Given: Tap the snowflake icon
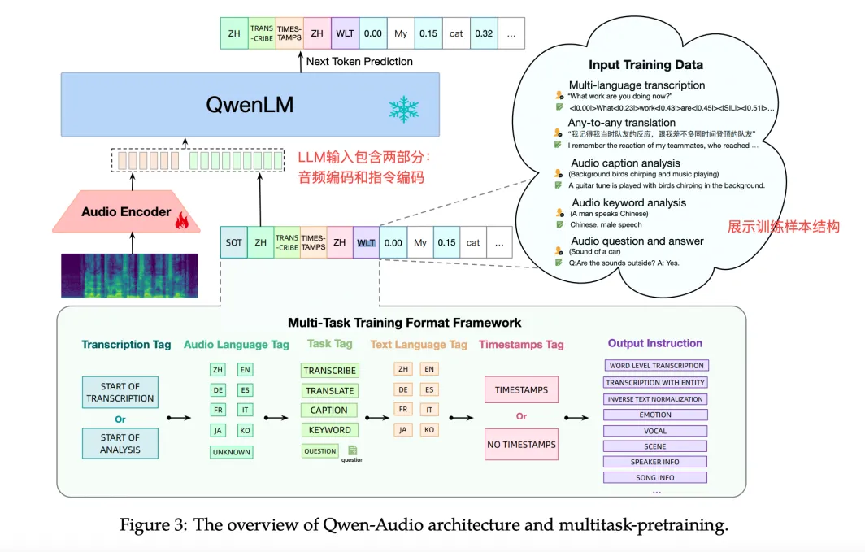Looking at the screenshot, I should pos(401,108).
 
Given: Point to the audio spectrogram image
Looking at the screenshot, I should pos(130,275).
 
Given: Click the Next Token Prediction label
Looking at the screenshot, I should pos(359,61).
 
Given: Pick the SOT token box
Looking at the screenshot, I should pos(234,242).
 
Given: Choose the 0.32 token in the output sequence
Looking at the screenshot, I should pos(483,33).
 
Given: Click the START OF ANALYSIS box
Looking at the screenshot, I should pos(120,444).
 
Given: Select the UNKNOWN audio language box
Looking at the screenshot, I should pos(232,452).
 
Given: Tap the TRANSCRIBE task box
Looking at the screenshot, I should pos(329,371).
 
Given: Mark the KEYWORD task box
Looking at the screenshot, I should pos(329,430).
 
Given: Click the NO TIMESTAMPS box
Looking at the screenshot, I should pos(521,445).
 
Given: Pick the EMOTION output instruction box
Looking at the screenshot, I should pos(654,415).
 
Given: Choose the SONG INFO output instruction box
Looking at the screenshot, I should pos(654,478).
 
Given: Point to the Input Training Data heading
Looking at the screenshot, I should pos(645,65).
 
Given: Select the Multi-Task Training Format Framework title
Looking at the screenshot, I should pos(404,323).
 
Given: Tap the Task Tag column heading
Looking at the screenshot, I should pos(329,345).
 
